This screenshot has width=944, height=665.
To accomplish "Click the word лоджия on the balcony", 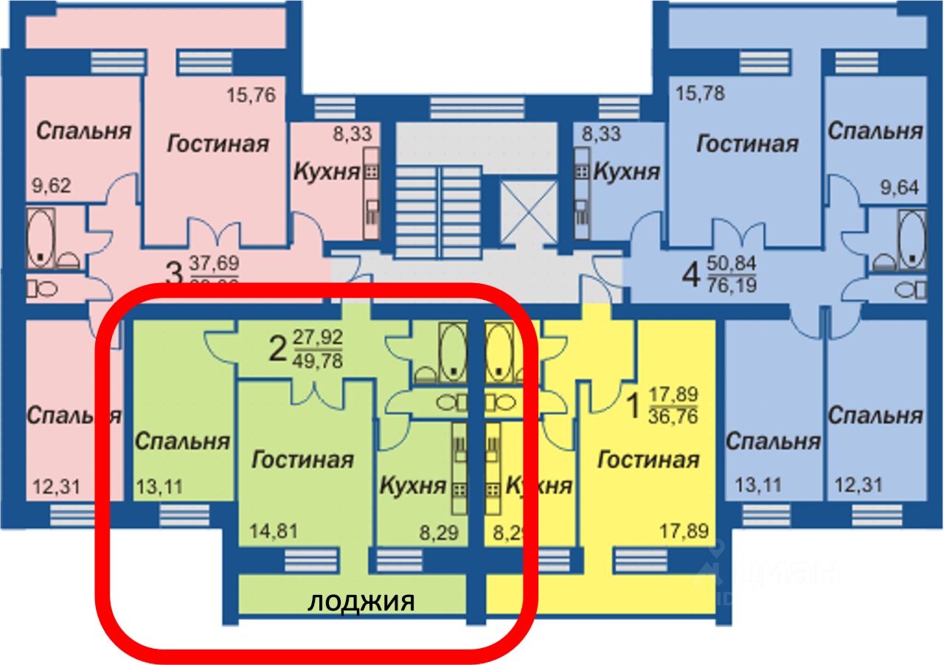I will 361,602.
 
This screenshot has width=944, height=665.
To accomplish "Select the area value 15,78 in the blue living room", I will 701,94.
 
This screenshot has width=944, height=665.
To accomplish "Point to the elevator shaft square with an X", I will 529,209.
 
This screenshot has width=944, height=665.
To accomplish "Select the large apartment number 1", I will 632,405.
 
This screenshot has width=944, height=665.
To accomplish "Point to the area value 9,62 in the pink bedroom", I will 52,187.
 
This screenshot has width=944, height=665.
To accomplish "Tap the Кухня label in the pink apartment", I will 327,172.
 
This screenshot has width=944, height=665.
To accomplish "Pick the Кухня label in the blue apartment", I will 626,172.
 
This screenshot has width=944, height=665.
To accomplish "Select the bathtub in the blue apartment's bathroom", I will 912,237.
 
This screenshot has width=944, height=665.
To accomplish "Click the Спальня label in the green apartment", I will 182,442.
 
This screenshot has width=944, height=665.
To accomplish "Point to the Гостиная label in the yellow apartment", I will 648,460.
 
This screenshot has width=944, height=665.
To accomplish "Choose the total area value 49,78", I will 318,361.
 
